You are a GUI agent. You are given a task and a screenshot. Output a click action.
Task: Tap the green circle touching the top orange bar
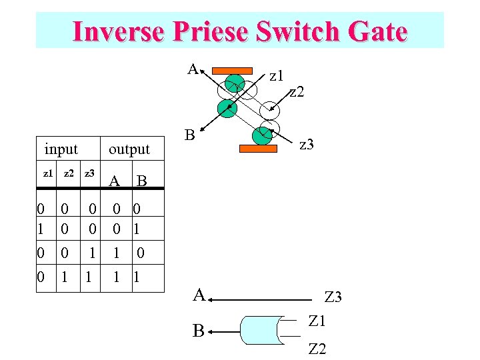coord(235,83)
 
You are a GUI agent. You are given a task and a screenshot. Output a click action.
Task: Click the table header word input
coord(61,149)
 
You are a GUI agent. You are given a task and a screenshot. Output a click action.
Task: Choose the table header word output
coord(129,149)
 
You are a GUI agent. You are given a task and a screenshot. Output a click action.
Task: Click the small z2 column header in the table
coord(67,173)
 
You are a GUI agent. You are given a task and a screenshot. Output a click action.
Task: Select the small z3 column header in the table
coord(89,173)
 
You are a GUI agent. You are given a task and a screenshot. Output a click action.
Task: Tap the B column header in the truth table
coord(141,181)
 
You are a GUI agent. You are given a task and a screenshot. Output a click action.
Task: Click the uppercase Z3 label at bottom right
coord(333,297)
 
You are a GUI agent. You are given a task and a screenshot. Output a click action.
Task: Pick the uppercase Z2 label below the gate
coord(317,348)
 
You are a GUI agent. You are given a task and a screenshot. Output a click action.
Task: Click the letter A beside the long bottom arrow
coord(199,294)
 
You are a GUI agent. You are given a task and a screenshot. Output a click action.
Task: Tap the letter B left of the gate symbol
coord(199,330)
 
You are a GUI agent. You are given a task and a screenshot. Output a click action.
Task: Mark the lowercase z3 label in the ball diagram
coord(307,143)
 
